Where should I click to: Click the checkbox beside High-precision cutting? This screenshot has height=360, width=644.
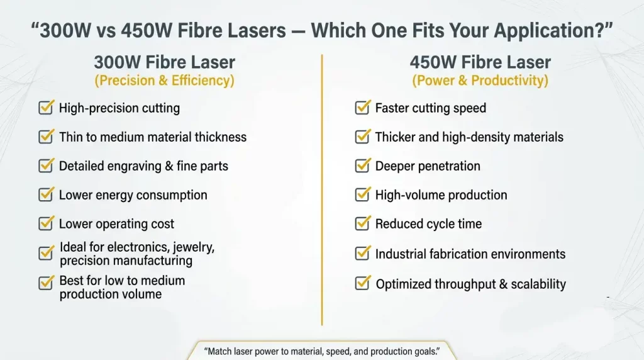46,108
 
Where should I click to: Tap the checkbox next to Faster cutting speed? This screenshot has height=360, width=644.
362,108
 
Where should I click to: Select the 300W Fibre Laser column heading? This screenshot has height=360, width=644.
164,62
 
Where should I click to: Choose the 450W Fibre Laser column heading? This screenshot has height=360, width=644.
480,62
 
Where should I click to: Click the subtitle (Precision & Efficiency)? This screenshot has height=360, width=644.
164,81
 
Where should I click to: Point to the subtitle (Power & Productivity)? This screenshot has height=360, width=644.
480,81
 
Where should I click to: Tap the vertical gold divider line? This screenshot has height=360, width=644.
322,189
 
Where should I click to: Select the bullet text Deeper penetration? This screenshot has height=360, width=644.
428,166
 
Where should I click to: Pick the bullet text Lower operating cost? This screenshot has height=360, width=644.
116,224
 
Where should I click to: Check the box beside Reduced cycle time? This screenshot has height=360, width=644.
362,223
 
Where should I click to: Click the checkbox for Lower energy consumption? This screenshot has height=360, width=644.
46,194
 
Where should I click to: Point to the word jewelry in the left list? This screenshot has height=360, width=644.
192,247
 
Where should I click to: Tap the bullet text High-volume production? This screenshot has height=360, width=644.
441,195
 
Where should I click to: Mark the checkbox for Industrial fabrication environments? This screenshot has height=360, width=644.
362,253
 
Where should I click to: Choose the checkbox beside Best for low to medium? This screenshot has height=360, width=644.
46,283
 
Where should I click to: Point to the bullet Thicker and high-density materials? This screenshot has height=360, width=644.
469,137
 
